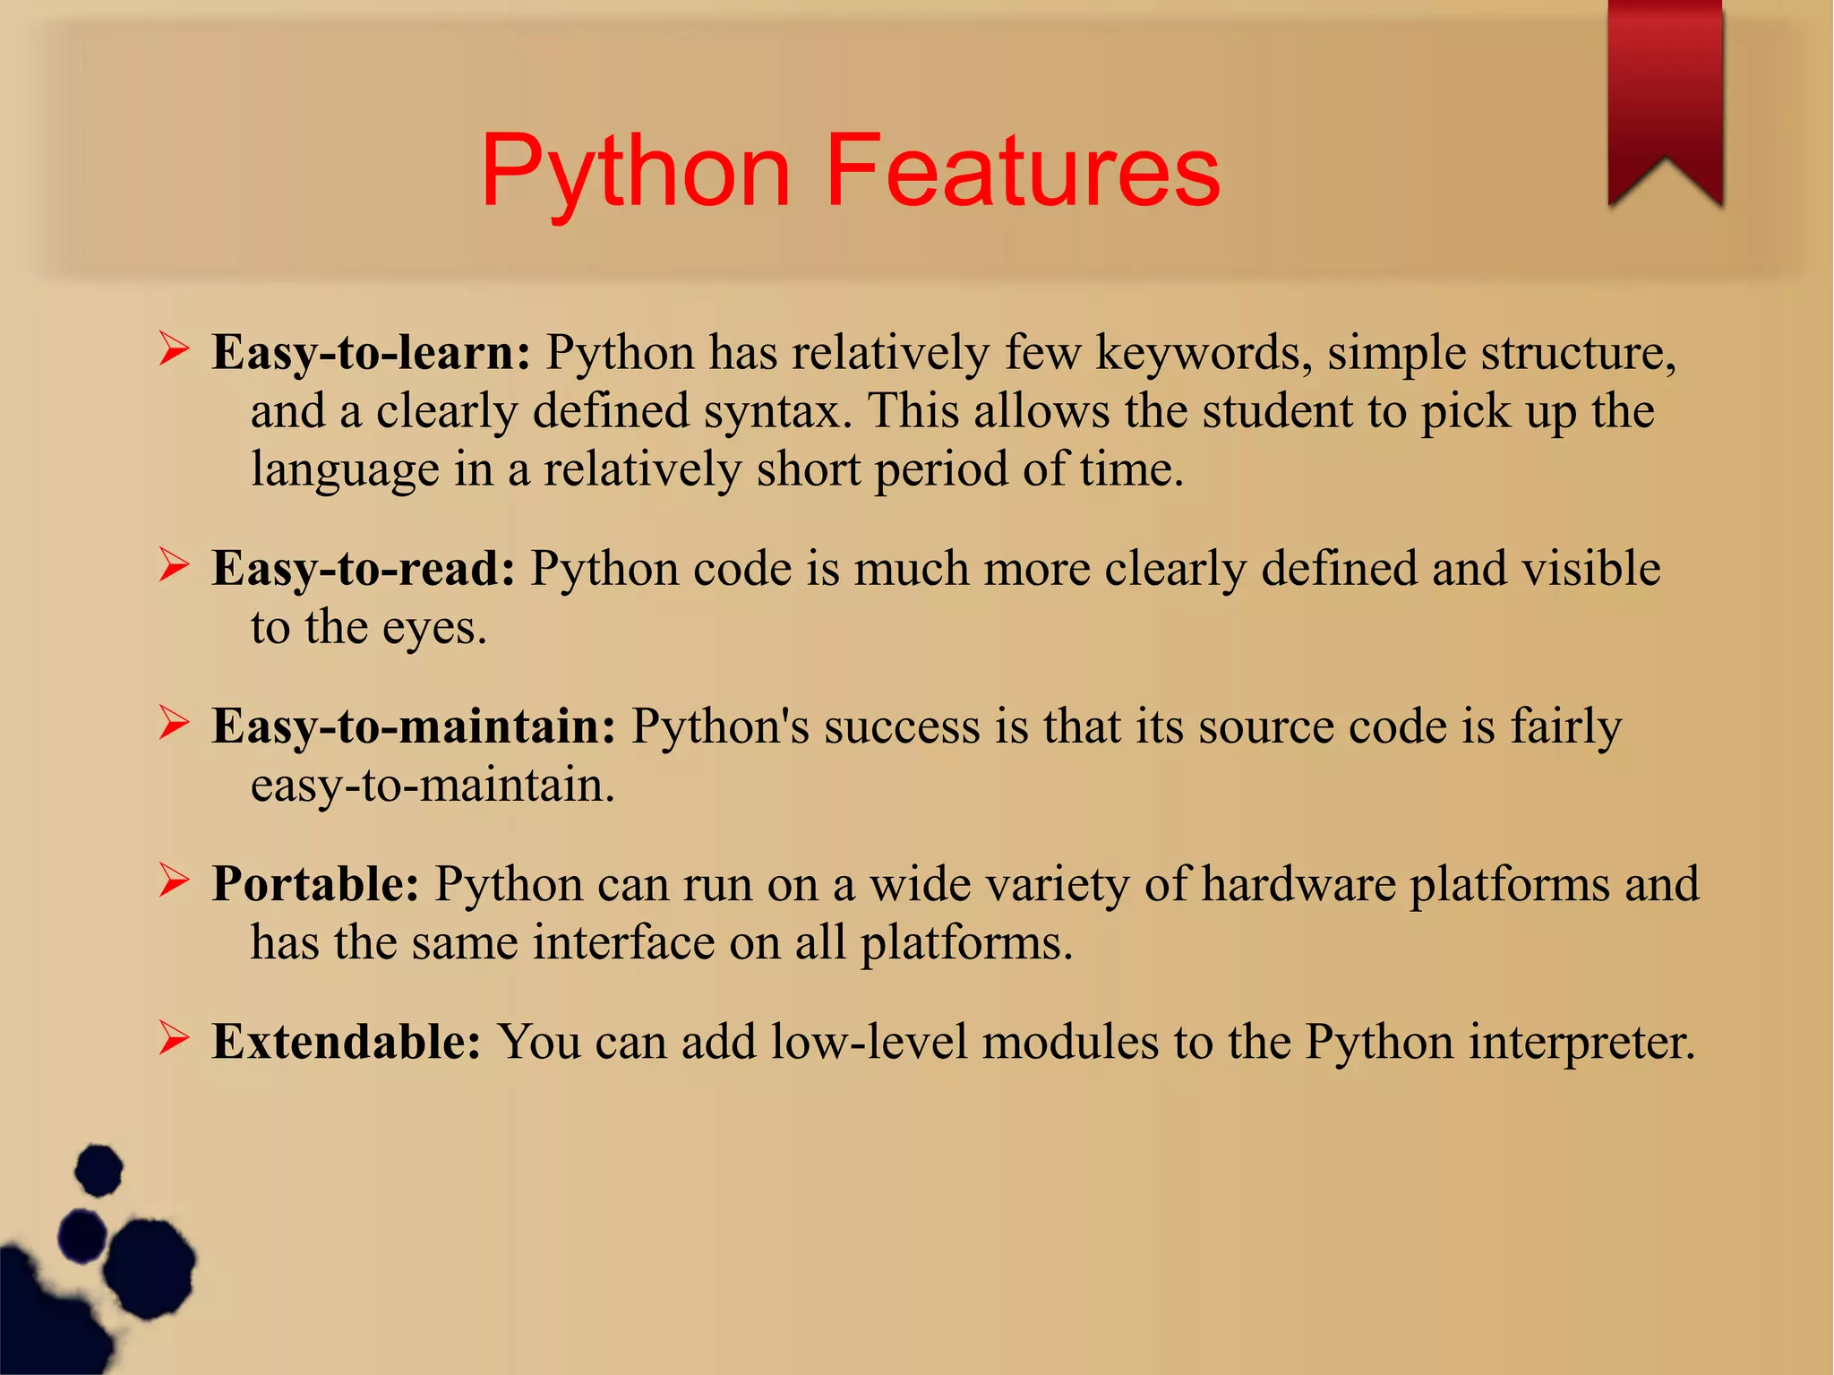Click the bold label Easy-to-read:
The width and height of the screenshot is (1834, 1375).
[364, 569]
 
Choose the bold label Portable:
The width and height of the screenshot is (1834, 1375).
[315, 884]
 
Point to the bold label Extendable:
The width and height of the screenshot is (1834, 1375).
[347, 1042]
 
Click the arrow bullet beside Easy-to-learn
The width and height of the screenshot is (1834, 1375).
[174, 348]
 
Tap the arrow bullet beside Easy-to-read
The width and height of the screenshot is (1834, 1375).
[174, 565]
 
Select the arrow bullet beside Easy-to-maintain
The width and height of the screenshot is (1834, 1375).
[174, 723]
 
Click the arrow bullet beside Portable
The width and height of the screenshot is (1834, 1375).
[174, 881]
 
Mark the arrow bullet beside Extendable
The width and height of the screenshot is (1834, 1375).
[174, 1038]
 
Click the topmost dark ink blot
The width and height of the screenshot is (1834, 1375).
[99, 1170]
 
